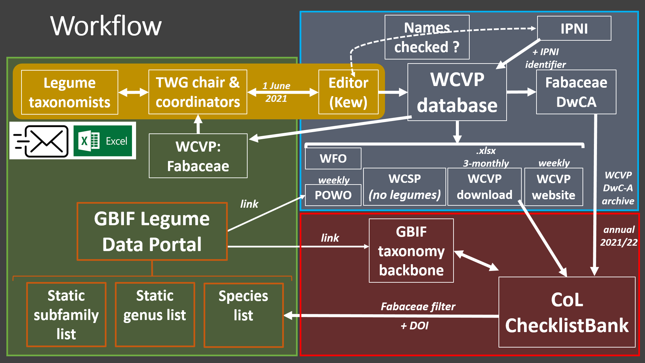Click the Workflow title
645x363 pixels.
pyautogui.click(x=106, y=26)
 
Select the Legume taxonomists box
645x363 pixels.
pyautogui.click(x=70, y=92)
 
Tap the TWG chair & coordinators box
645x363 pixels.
pyautogui.click(x=198, y=92)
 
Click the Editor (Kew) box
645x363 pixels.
pyautogui.click(x=348, y=92)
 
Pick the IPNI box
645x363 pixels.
pyautogui.click(x=574, y=29)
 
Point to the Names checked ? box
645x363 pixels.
pyautogui.click(x=427, y=37)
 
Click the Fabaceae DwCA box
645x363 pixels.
pyautogui.click(x=576, y=92)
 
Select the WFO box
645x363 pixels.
pyautogui.click(x=333, y=158)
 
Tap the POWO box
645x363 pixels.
pyautogui.click(x=333, y=195)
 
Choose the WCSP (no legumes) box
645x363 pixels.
pyautogui.click(x=404, y=187)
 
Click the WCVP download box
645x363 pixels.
pyautogui.click(x=484, y=187)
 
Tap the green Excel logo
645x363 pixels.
pyautogui.click(x=103, y=141)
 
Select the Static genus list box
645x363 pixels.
pyautogui.click(x=155, y=315)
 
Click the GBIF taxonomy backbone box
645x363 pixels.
pyautogui.click(x=411, y=251)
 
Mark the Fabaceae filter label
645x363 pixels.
pyautogui.click(x=418, y=307)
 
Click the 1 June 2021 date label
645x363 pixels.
pyautogui.click(x=276, y=92)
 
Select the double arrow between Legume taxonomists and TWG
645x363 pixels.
pyautogui.click(x=133, y=92)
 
